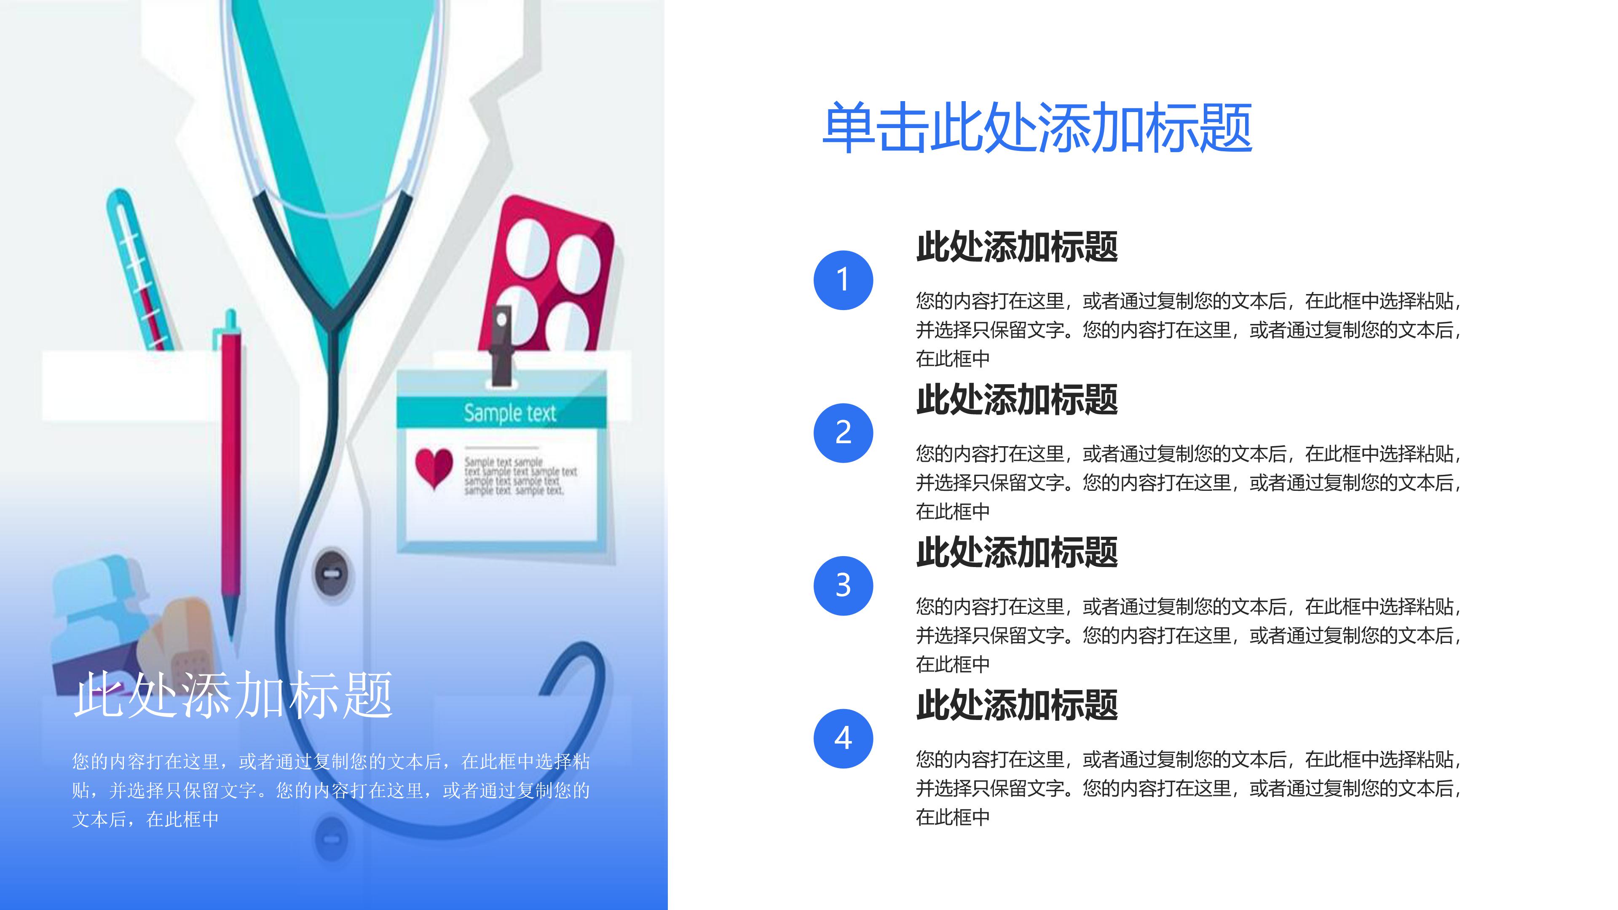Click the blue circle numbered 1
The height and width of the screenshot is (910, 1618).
click(843, 280)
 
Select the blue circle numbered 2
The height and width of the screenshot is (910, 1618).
click(843, 433)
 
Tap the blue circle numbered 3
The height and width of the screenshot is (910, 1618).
click(843, 585)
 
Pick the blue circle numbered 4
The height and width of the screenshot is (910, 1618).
click(843, 739)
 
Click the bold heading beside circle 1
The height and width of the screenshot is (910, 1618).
click(1017, 247)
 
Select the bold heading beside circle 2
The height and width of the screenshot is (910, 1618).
click(1017, 399)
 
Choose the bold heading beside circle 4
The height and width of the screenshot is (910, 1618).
click(1017, 705)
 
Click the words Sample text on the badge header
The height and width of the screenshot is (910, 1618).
click(509, 413)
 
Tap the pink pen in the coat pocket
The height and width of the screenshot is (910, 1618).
click(230, 465)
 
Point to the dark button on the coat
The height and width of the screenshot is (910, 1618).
click(332, 574)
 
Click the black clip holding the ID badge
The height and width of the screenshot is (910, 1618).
click(501, 345)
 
